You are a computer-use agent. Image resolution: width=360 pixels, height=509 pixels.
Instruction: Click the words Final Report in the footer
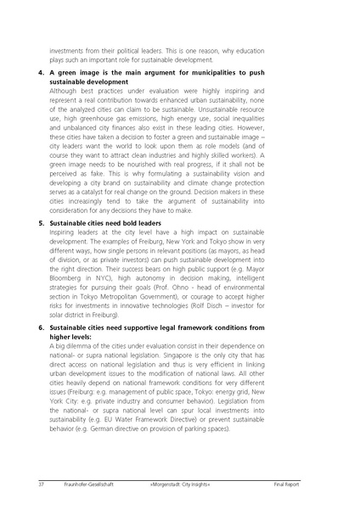tap(307, 484)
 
